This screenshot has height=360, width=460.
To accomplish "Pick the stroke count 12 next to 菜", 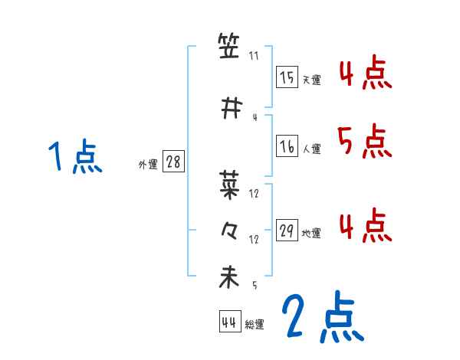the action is pos(255,194).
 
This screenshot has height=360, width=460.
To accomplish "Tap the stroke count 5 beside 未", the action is pos(255,286).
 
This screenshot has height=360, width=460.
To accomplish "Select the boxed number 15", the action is pos(287,77).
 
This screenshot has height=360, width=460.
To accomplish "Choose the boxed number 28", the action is pos(173,162).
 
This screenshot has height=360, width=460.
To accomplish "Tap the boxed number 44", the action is pos(229,322).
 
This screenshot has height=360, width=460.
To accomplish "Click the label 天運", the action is pos(311,80).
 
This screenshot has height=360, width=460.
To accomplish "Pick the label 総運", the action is pos(255,325).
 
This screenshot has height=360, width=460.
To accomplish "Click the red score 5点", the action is pos(363,140).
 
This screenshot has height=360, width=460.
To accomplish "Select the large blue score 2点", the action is pos(322,318).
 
